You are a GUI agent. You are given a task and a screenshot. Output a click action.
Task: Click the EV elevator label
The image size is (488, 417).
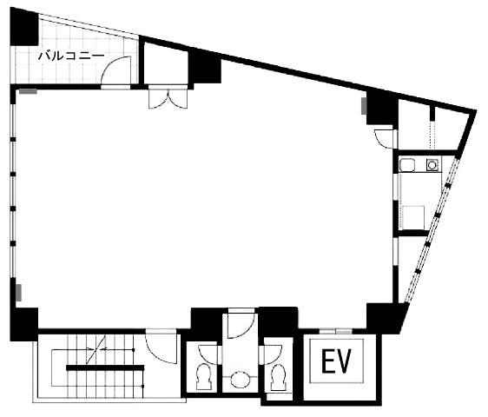pyautogui.click(x=336, y=361)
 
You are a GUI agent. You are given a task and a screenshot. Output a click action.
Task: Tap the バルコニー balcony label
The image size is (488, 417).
pyautogui.click(x=71, y=56)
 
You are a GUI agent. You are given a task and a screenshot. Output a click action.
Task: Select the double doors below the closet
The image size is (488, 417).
pyautogui.click(x=168, y=99)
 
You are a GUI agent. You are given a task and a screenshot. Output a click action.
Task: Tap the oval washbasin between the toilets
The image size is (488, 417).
pyautogui.click(x=241, y=380)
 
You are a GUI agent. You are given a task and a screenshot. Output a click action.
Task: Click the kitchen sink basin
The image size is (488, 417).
pyautogui.click(x=407, y=165)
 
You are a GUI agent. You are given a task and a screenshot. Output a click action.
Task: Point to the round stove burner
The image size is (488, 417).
pyautogui.click(x=432, y=165)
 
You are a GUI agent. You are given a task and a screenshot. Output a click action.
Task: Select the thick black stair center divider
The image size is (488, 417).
pyautogui.click(x=105, y=367)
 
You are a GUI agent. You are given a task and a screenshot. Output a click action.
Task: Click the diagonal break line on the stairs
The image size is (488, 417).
pyautogui.click(x=96, y=349)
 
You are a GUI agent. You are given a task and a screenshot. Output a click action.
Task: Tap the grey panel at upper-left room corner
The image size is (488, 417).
pyautogui.click(x=29, y=91)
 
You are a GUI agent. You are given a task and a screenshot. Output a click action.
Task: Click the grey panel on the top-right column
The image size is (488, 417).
pyautogui.click(x=364, y=106)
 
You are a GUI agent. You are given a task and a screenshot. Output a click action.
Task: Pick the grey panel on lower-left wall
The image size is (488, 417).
pyautogui.click(x=19, y=293)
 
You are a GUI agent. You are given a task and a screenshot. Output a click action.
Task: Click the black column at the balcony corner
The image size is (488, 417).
pyautogui.click(x=23, y=27)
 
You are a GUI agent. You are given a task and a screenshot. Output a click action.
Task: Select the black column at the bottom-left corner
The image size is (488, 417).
pyautogui.click(x=23, y=324)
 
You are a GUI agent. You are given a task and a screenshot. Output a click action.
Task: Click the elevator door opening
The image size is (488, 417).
pyautogui.click(x=336, y=331)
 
